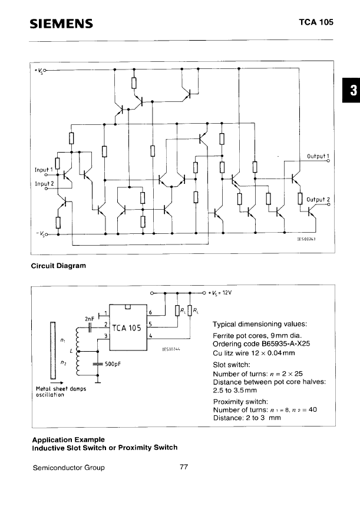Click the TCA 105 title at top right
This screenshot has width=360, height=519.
pos(316,22)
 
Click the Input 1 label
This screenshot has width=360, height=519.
pos(44,170)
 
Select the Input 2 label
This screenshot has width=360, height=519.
pos(44,183)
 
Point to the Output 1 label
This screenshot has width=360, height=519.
pos(318,156)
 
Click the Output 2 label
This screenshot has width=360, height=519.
pos(318,199)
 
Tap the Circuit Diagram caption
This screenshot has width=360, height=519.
pos(58,266)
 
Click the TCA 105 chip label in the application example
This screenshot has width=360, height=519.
pos(125,328)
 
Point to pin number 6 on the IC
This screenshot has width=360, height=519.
pos(150,312)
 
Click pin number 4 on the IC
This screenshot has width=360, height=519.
pos(150,335)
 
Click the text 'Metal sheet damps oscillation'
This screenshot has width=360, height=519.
pos(61,392)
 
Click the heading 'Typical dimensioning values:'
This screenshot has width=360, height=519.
pos(259,323)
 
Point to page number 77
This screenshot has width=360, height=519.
pos(183,468)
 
